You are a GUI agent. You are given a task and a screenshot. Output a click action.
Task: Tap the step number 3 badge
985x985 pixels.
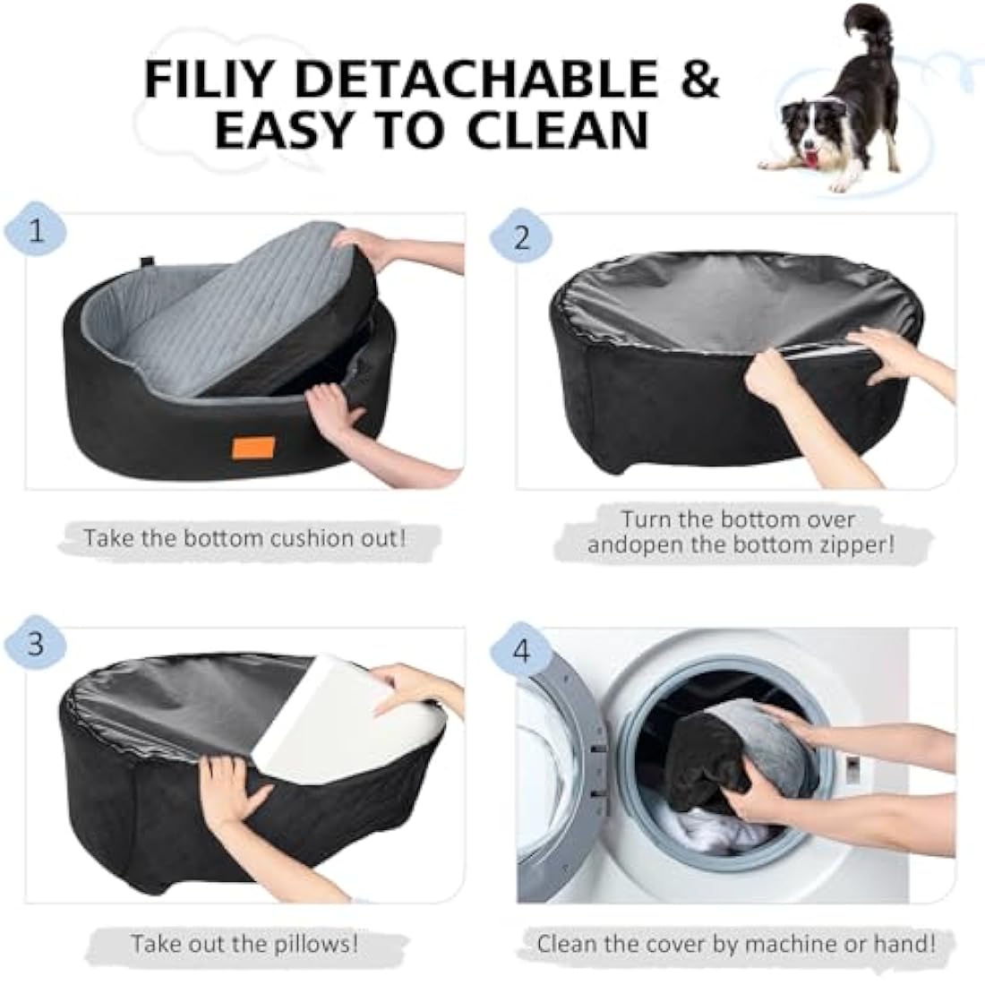pos(36,644)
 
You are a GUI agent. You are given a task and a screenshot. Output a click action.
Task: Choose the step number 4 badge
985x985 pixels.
pos(522,649)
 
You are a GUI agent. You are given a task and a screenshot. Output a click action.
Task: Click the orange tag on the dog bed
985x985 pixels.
pos(246,448)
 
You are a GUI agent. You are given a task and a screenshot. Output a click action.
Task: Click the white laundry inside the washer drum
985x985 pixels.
pos(707,824)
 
